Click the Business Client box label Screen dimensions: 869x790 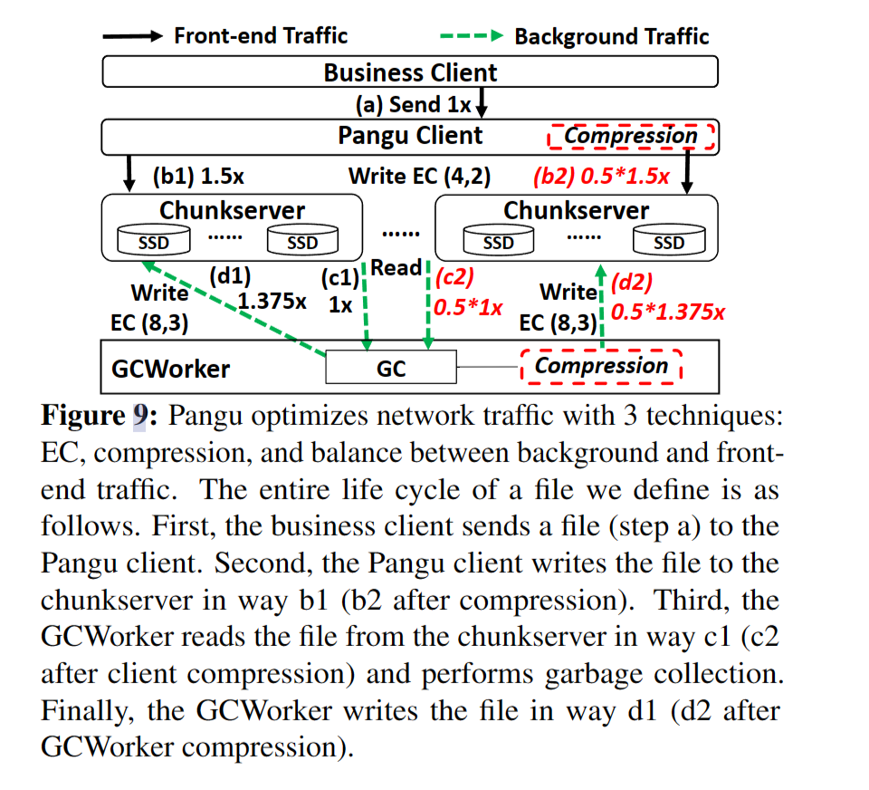pos(410,72)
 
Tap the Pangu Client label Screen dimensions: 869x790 pos(410,136)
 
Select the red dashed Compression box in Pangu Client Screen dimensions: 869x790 pos(631,137)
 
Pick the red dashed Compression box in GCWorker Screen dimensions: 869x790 pos(601,366)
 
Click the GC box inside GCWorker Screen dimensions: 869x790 pos(391,367)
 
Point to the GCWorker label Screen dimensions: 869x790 pos(171,369)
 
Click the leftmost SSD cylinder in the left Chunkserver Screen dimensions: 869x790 pos(154,240)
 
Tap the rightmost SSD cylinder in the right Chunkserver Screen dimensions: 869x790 pos(669,240)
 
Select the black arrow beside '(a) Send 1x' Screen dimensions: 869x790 pos(482,103)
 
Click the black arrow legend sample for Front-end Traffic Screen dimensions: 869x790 pos(133,36)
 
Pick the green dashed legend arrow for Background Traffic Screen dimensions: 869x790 pos(472,36)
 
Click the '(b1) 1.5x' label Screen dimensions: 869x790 pos(198,177)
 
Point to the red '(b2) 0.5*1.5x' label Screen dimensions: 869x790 pos(601,177)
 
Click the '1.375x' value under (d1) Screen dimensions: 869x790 pos(272,302)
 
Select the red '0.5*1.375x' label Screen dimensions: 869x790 pos(668,312)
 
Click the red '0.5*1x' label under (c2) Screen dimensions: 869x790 pos(468,307)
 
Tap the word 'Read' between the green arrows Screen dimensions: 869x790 pos(396,267)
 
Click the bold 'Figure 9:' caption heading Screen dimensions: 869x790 pos(100,416)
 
